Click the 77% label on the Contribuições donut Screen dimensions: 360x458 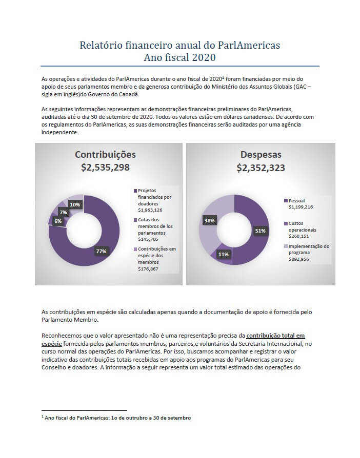(101, 251)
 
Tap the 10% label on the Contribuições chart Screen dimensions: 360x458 (75, 204)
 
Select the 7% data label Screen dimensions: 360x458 (63, 213)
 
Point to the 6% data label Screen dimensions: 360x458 (58, 221)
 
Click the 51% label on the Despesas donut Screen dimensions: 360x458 (261, 231)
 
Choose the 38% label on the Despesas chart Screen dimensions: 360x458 (209, 220)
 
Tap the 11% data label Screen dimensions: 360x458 (224, 255)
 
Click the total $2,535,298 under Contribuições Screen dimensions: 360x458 (105, 168)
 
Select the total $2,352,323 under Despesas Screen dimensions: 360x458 (261, 168)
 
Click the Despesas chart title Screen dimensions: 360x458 (261, 155)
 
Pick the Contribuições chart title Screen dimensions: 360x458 (105, 155)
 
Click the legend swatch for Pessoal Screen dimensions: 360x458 (286, 201)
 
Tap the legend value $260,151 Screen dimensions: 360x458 (298, 236)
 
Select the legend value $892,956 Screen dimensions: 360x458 (298, 259)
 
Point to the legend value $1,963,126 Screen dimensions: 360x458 (150, 210)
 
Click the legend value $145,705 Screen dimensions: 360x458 (148, 239)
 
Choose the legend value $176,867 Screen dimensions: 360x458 (148, 269)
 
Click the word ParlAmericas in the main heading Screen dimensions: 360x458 (249, 45)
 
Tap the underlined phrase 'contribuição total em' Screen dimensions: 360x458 (276, 336)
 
